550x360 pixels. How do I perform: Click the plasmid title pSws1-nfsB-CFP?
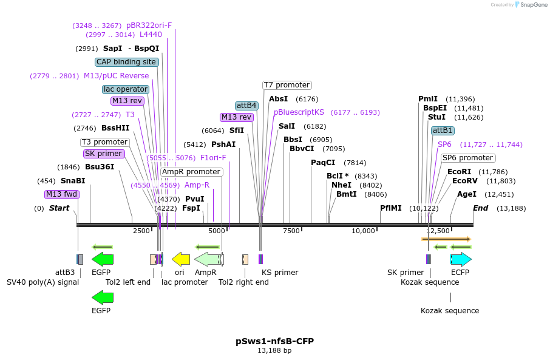coord(274,341)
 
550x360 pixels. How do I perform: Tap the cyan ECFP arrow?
coord(460,259)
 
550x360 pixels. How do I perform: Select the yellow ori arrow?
coord(181,259)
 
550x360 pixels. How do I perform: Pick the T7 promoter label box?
coord(287,85)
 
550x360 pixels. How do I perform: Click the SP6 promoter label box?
coord(467,158)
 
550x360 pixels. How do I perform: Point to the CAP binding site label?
coord(127,62)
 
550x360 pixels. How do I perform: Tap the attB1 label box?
coord(443,131)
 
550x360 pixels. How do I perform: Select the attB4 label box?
coord(247,106)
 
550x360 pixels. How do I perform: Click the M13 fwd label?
coord(62,194)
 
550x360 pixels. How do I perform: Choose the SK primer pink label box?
coord(104,154)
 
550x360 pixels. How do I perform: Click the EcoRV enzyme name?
coord(465,181)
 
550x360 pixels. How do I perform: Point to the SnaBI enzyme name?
coord(73,181)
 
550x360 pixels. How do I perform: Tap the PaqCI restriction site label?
coord(323,163)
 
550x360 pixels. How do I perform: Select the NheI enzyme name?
coord(341,185)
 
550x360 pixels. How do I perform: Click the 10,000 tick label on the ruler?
coord(364,231)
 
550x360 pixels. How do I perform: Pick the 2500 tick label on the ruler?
coord(141,231)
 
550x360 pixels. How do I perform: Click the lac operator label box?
coord(126,89)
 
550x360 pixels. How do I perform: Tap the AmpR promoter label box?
coord(191,172)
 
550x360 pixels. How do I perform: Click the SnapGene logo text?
coord(532,5)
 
